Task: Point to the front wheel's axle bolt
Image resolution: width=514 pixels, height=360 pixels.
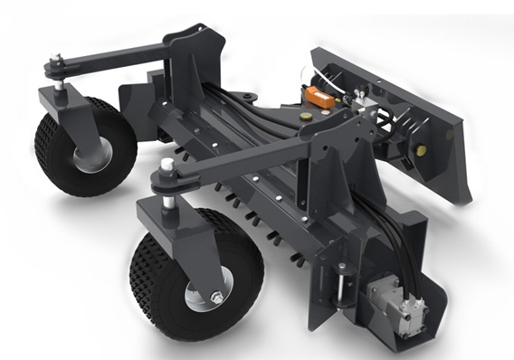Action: [x=217, y=298]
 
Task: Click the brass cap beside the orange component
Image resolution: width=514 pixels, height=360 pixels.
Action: [x=307, y=116]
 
